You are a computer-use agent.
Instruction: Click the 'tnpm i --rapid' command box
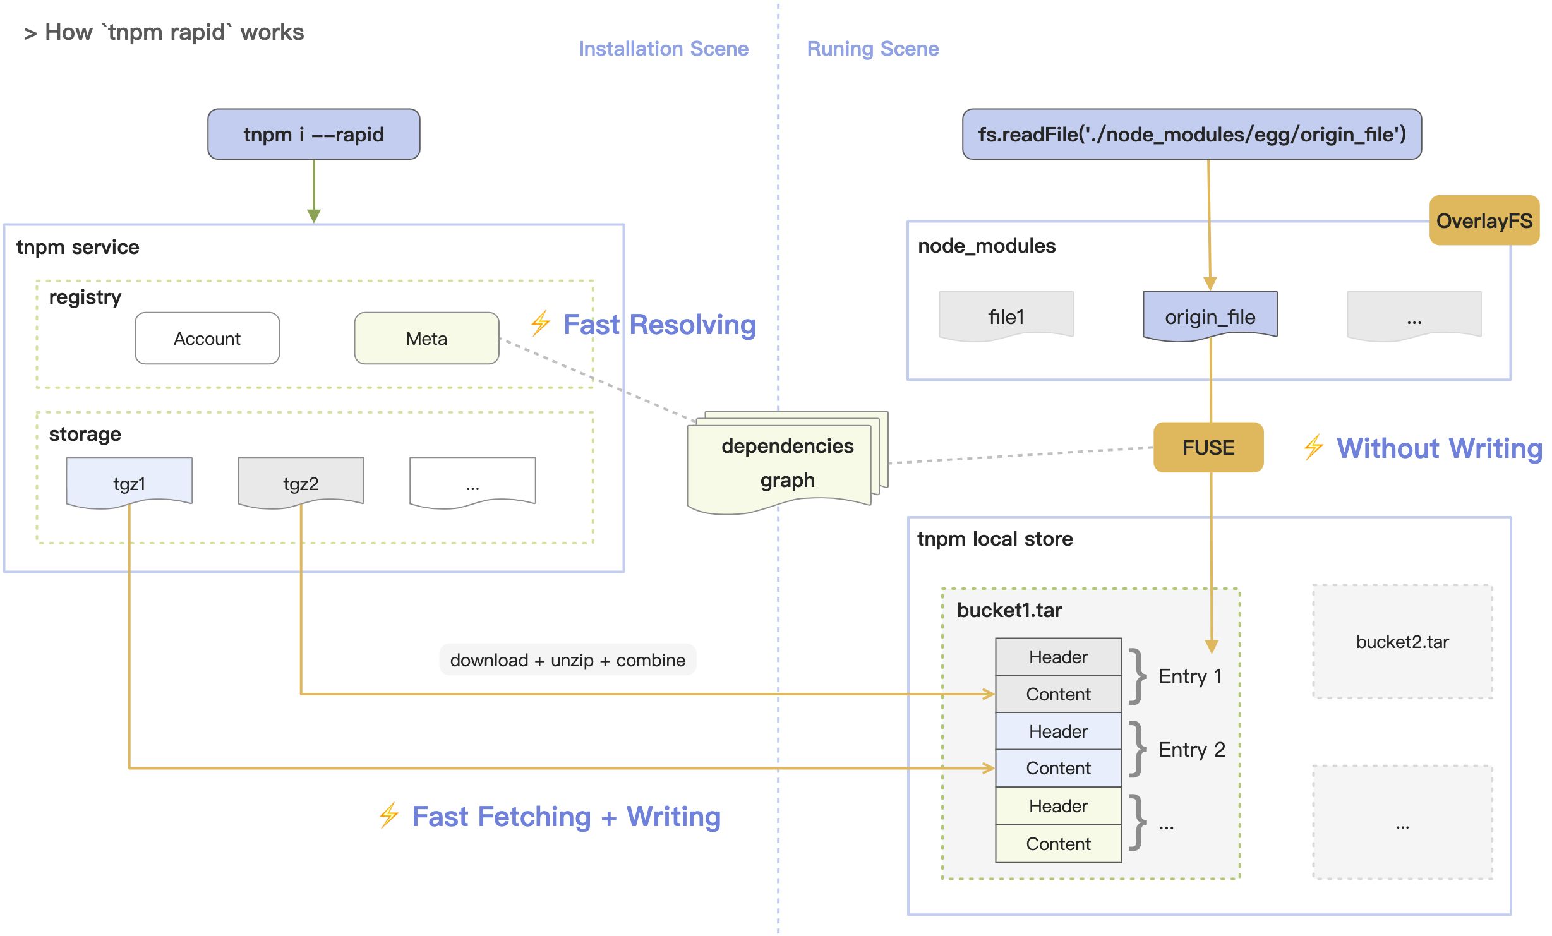tap(313, 134)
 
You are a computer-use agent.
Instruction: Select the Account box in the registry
tap(207, 339)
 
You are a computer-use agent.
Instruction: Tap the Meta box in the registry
tap(426, 339)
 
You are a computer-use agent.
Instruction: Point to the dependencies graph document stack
tap(786, 463)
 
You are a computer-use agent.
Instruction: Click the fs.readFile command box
tap(1191, 134)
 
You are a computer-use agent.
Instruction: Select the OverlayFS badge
tap(1484, 220)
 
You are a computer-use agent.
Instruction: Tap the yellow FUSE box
tap(1208, 447)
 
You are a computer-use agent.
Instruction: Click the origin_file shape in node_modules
tap(1210, 316)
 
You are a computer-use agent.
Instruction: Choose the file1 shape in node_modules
tap(1006, 316)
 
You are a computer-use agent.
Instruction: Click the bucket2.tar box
tap(1402, 642)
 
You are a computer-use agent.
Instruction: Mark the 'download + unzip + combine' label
tap(567, 660)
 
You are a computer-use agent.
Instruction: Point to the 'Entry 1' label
tap(1190, 676)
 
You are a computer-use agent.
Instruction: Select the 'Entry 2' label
tap(1191, 750)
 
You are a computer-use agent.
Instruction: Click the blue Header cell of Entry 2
tap(1058, 731)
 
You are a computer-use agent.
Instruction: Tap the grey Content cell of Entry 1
tap(1058, 694)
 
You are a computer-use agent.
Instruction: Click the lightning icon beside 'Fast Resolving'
tap(540, 323)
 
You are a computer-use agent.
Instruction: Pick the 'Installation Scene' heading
tap(663, 49)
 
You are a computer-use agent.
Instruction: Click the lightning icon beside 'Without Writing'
tap(1313, 447)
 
